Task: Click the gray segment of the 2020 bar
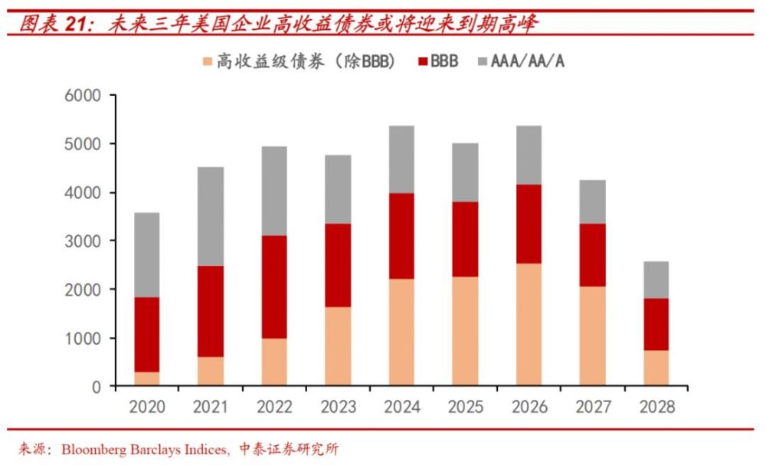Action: pyautogui.click(x=147, y=254)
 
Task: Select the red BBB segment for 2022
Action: pyautogui.click(x=274, y=287)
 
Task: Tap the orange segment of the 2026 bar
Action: pyautogui.click(x=529, y=324)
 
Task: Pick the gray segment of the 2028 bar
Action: pyautogui.click(x=656, y=280)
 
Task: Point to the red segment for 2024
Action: pyautogui.click(x=401, y=236)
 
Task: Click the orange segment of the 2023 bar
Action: pyautogui.click(x=338, y=346)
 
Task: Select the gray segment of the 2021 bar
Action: pyautogui.click(x=211, y=216)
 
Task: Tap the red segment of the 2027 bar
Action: pyautogui.click(x=592, y=254)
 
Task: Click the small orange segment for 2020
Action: pyautogui.click(x=147, y=379)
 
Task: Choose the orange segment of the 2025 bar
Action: pyautogui.click(x=465, y=331)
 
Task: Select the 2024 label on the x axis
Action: pyautogui.click(x=401, y=407)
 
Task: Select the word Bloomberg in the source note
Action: pyautogui.click(x=101, y=449)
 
